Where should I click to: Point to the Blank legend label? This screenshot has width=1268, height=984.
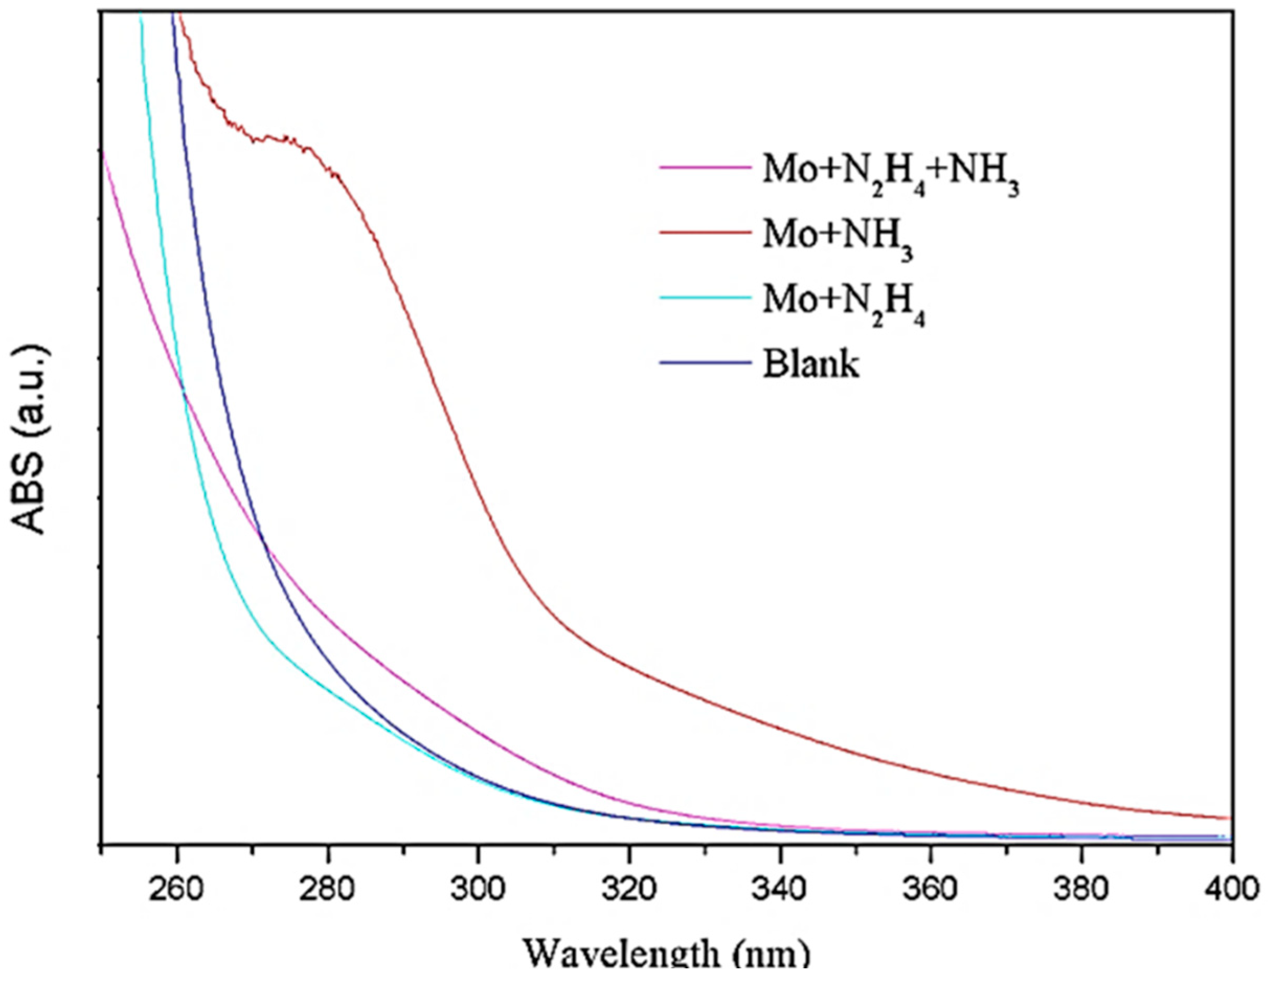pos(810,365)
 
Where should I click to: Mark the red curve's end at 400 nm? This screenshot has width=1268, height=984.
pos(1230,818)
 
